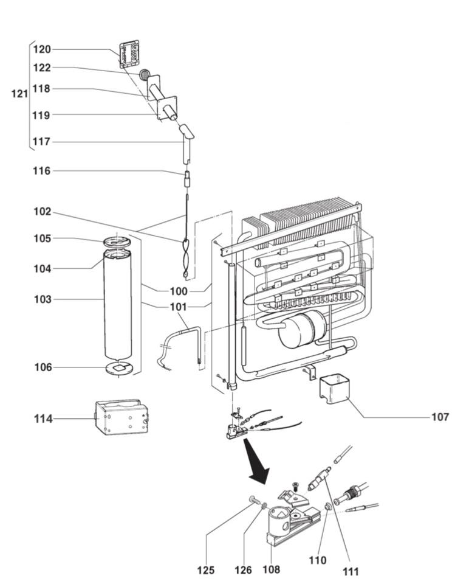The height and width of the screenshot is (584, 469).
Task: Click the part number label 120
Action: pyautogui.click(x=42, y=49)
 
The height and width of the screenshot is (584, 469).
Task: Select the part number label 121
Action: pyautogui.click(x=20, y=94)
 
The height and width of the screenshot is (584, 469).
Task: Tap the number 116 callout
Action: pyautogui.click(x=42, y=171)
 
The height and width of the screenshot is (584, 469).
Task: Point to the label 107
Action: pyautogui.click(x=440, y=417)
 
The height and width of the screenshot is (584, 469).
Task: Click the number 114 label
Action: pyautogui.click(x=43, y=419)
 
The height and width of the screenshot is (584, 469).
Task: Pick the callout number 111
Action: pyautogui.click(x=351, y=571)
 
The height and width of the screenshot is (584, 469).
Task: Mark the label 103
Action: pyautogui.click(x=43, y=299)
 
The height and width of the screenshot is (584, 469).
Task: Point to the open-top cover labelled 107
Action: pyautogui.click(x=334, y=389)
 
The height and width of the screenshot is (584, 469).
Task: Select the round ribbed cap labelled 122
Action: pyautogui.click(x=145, y=75)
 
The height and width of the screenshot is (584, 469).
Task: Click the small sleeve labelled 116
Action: pyautogui.click(x=188, y=180)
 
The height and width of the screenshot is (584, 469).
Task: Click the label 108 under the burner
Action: pyautogui.click(x=271, y=570)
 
